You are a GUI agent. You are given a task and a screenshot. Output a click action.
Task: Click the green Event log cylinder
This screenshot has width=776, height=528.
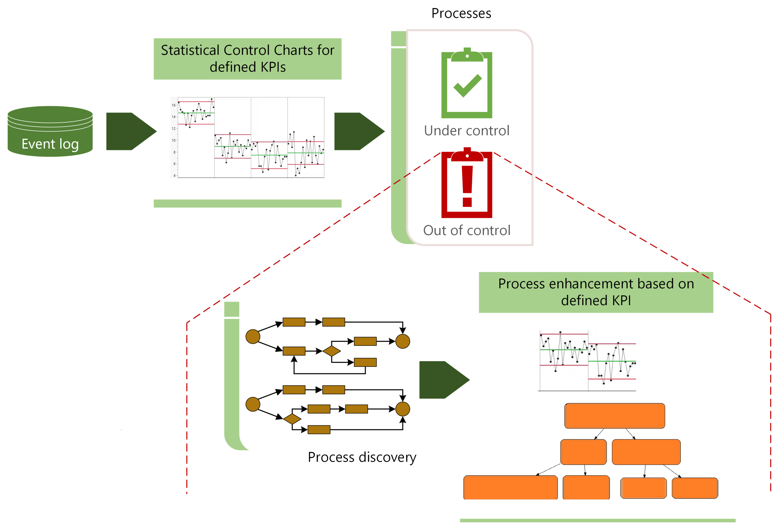pyautogui.click(x=50, y=132)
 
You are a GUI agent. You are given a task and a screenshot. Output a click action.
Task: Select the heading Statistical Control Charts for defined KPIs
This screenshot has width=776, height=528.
pyautogui.click(x=247, y=59)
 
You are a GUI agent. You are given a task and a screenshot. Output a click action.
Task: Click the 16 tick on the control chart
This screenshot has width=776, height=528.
pyautogui.click(x=173, y=105)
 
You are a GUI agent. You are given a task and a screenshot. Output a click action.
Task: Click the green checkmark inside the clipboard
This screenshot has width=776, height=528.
pyautogui.click(x=467, y=86)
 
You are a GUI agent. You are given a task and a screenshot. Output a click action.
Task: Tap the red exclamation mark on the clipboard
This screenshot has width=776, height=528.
pyautogui.click(x=467, y=185)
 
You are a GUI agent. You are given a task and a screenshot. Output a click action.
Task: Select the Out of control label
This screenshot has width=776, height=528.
pyautogui.click(x=466, y=231)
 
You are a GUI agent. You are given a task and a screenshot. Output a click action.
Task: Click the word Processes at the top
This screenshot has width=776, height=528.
pyautogui.click(x=461, y=13)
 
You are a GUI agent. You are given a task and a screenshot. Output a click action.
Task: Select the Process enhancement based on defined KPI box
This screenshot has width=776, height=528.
pyautogui.click(x=596, y=292)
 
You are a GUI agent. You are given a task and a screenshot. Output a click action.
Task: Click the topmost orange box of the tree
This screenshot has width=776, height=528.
pyautogui.click(x=614, y=416)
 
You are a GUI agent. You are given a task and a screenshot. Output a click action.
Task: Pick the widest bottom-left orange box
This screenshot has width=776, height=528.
pyautogui.click(x=510, y=487)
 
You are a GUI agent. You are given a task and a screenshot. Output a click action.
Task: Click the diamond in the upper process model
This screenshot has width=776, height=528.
pyautogui.click(x=331, y=351)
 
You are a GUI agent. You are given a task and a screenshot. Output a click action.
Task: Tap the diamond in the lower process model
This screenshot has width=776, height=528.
pyautogui.click(x=292, y=419)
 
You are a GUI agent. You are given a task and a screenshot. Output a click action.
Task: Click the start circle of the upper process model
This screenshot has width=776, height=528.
pyautogui.click(x=253, y=336)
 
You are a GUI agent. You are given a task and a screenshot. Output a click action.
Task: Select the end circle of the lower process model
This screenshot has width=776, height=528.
pyautogui.click(x=402, y=409)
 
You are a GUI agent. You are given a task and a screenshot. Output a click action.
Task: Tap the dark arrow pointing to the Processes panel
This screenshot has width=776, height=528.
pyautogui.click(x=358, y=131)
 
